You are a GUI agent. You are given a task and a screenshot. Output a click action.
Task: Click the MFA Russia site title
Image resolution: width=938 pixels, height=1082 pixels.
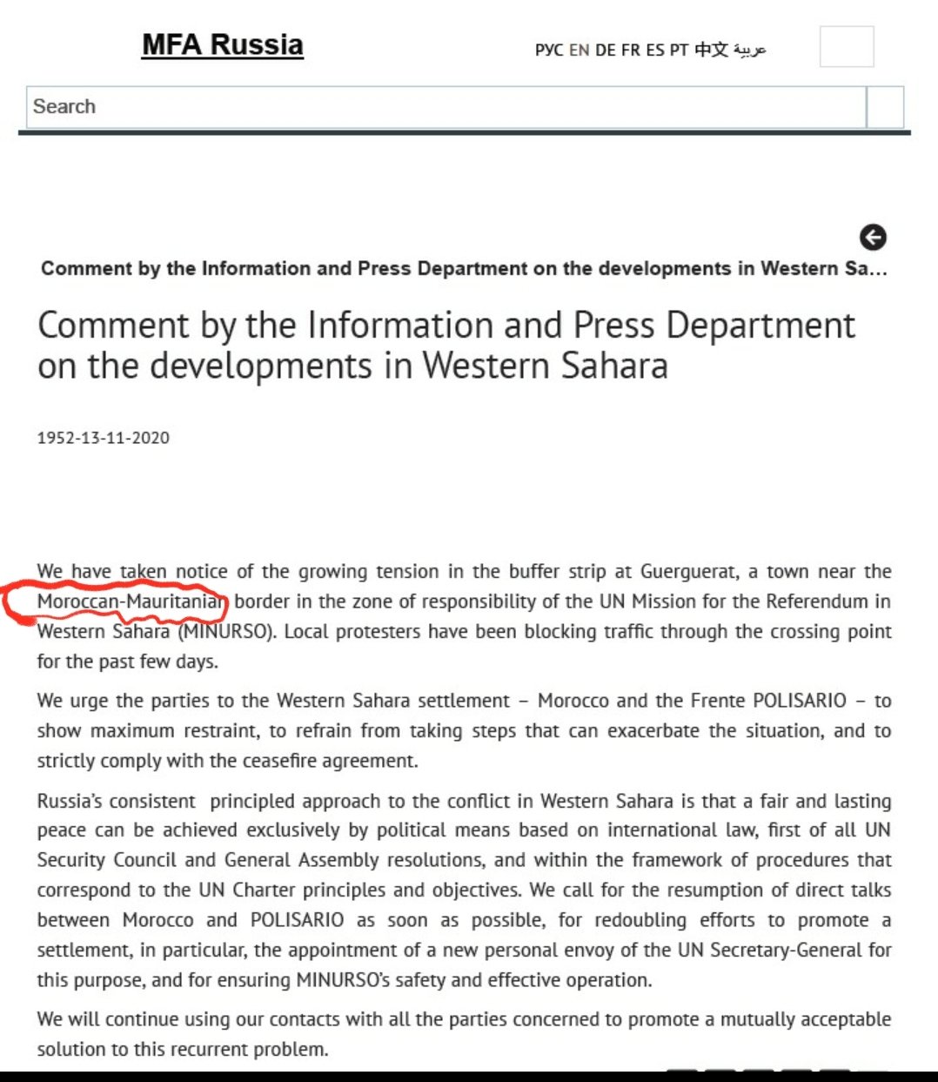[x=222, y=44]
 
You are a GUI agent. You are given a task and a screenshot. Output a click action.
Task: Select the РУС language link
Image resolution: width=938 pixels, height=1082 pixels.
[x=548, y=50]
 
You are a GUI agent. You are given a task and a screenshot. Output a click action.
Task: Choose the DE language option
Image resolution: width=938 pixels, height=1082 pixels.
[x=605, y=50]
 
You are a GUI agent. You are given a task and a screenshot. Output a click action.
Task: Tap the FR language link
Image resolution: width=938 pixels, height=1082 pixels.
[x=630, y=50]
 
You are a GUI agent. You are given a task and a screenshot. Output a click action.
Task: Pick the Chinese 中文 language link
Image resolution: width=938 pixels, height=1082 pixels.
[x=711, y=50]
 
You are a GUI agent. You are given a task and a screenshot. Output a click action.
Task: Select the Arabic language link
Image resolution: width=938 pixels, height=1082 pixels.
[x=749, y=50]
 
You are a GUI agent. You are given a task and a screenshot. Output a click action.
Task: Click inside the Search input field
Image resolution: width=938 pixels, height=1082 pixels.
[x=444, y=107]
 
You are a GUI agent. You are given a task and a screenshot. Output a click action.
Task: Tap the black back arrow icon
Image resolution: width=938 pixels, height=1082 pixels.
[x=873, y=237]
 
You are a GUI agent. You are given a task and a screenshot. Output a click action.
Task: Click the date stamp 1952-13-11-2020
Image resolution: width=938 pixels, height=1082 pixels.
[x=103, y=438]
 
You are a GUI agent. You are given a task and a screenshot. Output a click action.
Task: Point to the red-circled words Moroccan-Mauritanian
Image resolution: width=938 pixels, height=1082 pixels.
[x=131, y=601]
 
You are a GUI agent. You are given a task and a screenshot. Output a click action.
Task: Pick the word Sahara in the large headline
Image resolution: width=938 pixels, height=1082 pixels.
[x=614, y=366]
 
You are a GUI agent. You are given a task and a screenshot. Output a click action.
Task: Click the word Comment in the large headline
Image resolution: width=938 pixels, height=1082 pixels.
[x=113, y=326]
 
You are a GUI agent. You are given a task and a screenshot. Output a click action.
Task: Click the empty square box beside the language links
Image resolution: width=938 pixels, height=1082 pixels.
[x=846, y=46]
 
